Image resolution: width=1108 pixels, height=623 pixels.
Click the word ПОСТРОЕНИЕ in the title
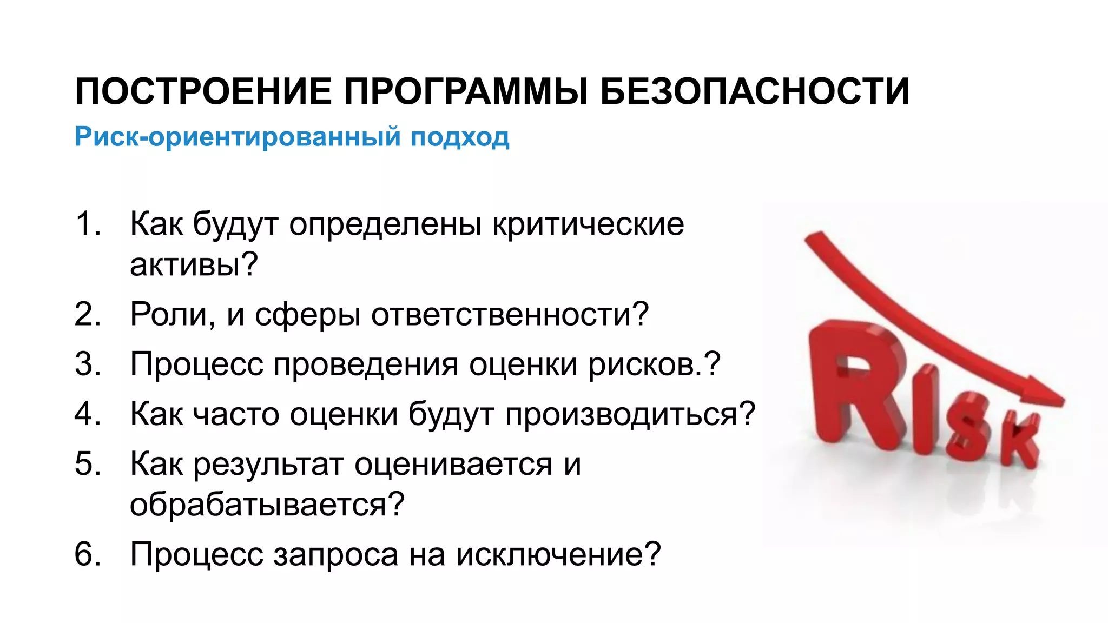tap(203, 91)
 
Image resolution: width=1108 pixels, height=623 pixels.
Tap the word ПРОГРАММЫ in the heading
tap(466, 91)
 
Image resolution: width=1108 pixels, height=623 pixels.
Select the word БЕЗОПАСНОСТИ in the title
tap(755, 91)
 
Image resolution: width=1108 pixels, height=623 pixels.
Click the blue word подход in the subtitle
tap(459, 137)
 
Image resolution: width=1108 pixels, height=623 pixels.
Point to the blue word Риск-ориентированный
tap(238, 137)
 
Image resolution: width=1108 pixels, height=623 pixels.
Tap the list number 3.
tap(87, 363)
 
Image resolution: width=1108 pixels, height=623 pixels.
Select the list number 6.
tap(87, 554)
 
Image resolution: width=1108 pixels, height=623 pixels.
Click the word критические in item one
tap(588, 224)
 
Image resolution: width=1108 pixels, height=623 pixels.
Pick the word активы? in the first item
tap(194, 264)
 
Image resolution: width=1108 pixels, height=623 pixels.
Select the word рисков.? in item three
tap(654, 364)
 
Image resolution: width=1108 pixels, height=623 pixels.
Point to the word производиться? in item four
tap(630, 414)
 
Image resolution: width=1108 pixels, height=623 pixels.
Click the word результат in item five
tap(268, 464)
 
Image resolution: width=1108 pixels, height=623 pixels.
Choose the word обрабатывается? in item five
tap(267, 505)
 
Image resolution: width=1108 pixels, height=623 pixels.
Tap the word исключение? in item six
tap(558, 554)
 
